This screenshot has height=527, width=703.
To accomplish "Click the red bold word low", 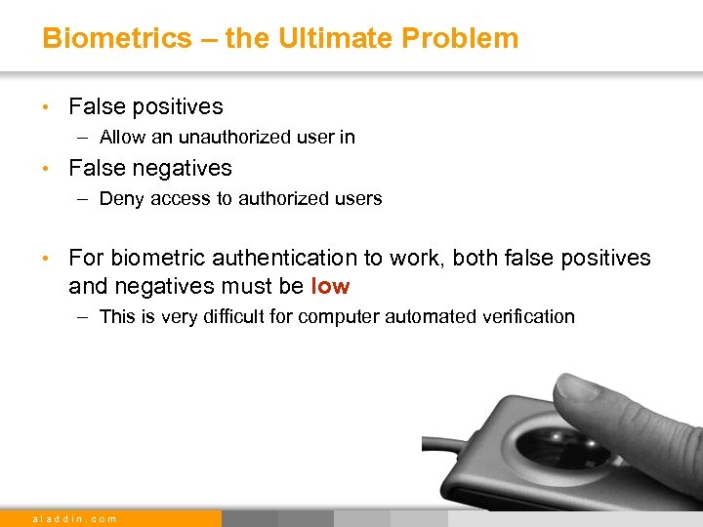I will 330,287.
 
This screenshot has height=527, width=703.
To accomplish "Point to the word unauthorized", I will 222,138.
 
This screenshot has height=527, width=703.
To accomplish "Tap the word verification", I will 525,317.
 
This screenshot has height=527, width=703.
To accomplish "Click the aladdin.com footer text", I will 74,518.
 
